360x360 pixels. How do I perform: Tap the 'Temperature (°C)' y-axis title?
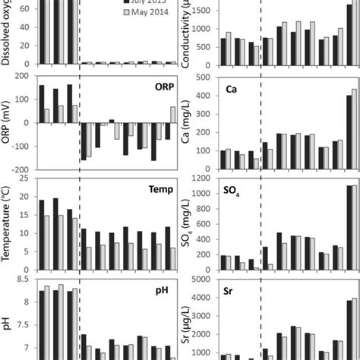pos(7,224)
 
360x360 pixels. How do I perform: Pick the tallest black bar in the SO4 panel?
pos(349,228)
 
